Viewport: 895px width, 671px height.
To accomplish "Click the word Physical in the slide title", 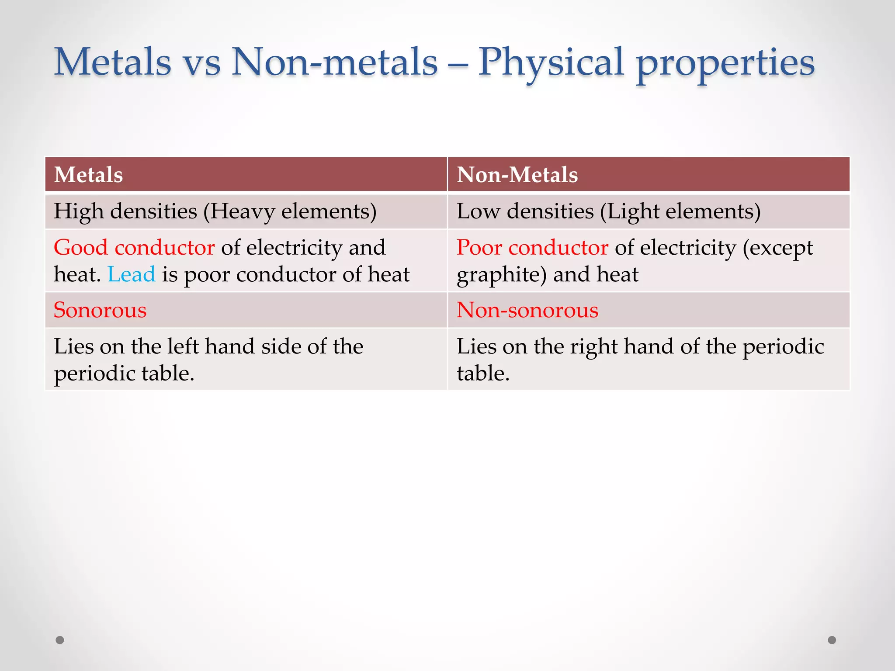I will point(551,63).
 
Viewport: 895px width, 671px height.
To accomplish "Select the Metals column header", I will point(88,175).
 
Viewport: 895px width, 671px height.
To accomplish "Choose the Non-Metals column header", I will point(517,175).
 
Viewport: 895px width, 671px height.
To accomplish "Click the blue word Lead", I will point(132,275).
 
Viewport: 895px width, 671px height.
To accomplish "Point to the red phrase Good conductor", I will point(134,248).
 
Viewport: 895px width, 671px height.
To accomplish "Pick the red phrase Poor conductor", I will point(532,248).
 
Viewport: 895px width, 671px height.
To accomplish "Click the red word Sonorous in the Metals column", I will point(100,310).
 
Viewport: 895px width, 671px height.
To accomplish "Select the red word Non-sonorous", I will point(527,310).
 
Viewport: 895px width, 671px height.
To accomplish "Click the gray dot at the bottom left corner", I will point(60,640).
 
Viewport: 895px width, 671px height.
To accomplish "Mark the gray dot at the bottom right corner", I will point(832,640).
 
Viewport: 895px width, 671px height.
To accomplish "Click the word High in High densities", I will point(79,212).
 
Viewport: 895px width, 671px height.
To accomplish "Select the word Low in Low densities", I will point(478,211).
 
